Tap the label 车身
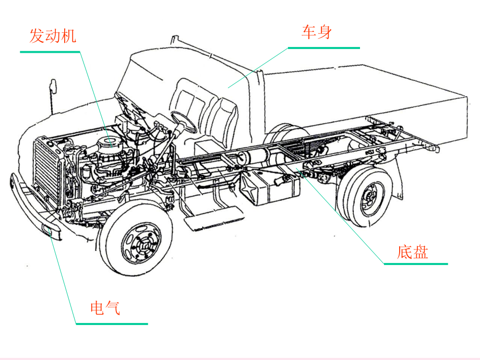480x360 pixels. pyautogui.click(x=316, y=32)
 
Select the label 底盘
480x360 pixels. pyautogui.click(x=412, y=253)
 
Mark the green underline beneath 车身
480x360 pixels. pyautogui.click(x=323, y=48)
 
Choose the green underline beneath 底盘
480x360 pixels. pyautogui.click(x=415, y=264)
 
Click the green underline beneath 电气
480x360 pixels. pyautogui.click(x=111, y=323)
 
